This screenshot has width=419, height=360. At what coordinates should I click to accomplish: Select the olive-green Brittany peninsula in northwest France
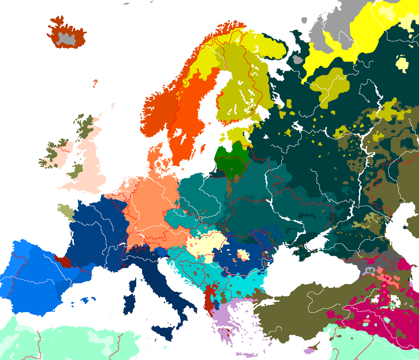coord(66,212)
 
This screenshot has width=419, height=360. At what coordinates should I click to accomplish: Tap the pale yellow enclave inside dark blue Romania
coord(243,255)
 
